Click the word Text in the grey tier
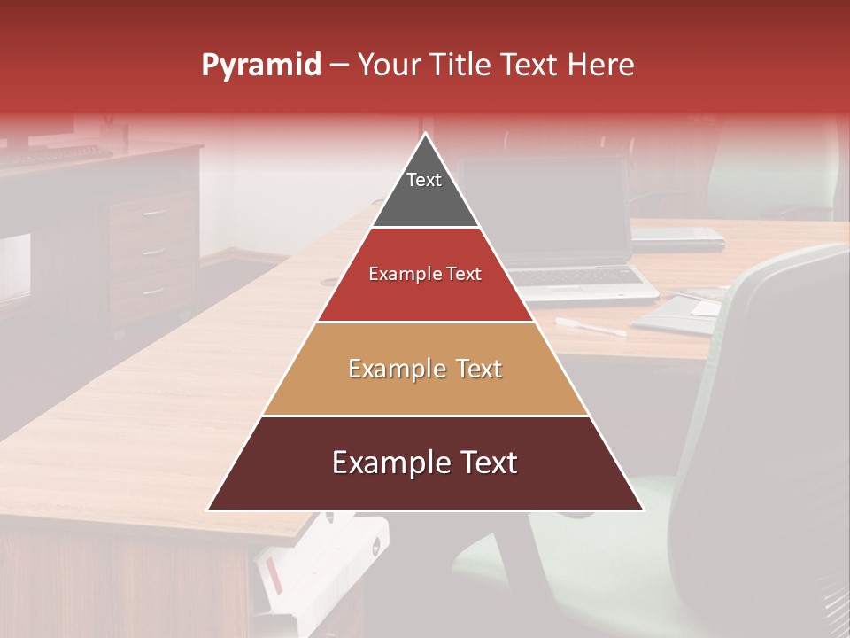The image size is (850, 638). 424,180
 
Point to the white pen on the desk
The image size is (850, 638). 591,327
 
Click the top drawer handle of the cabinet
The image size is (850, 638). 154,213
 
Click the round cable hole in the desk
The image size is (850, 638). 330,282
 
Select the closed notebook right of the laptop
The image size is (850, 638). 677,236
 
